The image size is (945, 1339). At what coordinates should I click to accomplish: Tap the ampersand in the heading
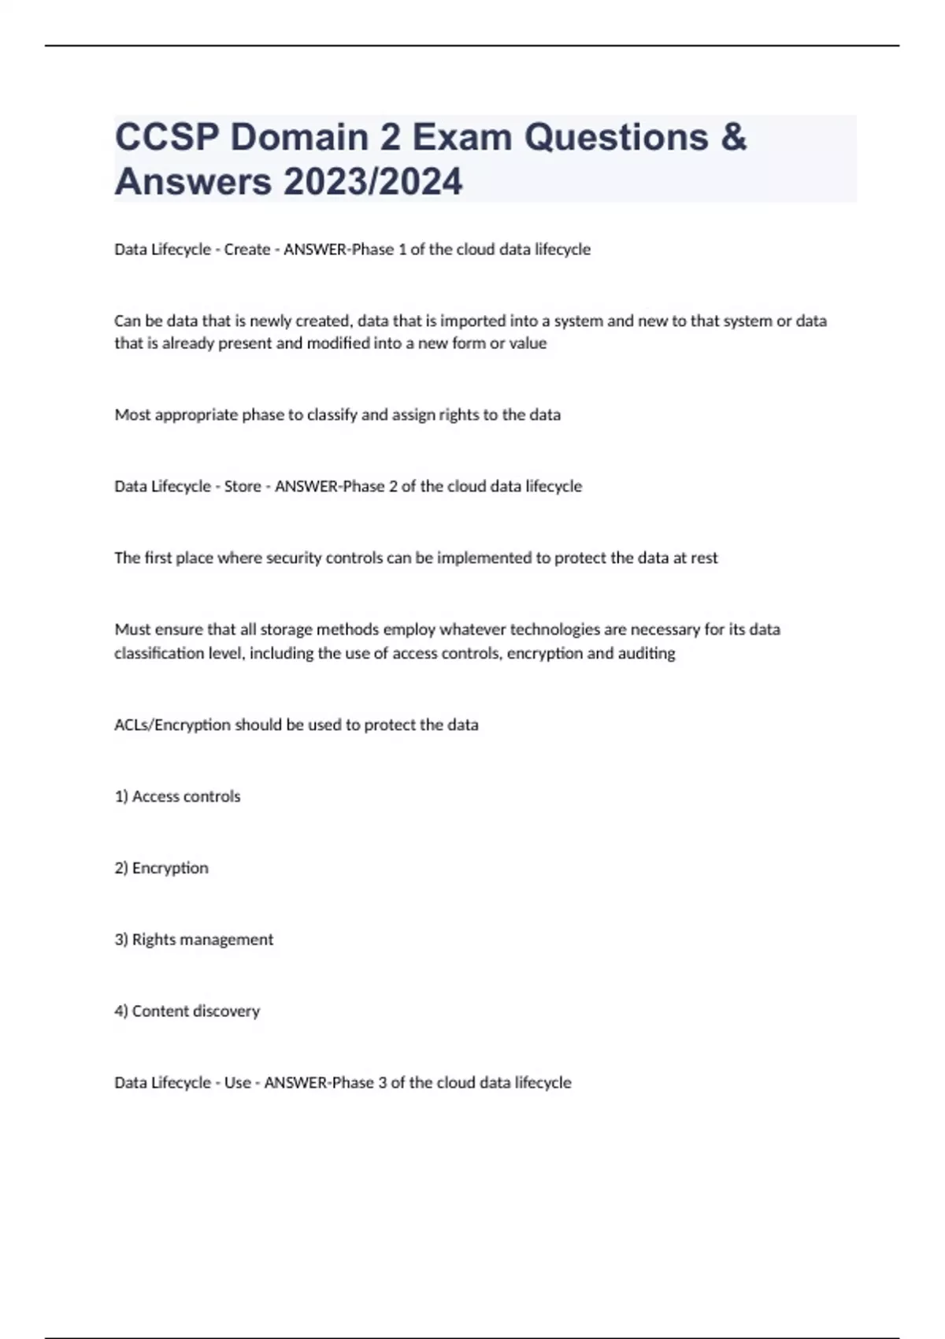point(733,137)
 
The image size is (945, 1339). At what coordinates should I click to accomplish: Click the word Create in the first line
point(247,250)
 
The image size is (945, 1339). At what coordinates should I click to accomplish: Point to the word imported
point(472,321)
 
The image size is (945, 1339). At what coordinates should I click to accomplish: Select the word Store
point(243,487)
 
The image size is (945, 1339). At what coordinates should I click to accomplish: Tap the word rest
point(704,558)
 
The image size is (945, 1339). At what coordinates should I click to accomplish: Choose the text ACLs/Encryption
point(172,725)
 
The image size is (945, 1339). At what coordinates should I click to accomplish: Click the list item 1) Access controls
point(177,796)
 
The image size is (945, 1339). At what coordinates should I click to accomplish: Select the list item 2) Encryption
point(161,868)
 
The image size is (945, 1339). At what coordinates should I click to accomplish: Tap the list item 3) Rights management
point(194,940)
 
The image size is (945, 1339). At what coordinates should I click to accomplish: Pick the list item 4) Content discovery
point(187,1011)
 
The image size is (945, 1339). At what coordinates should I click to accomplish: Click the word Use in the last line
point(237,1083)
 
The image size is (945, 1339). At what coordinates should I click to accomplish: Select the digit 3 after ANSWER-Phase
point(383,1083)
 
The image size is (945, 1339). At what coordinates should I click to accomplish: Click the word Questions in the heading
point(616,137)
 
